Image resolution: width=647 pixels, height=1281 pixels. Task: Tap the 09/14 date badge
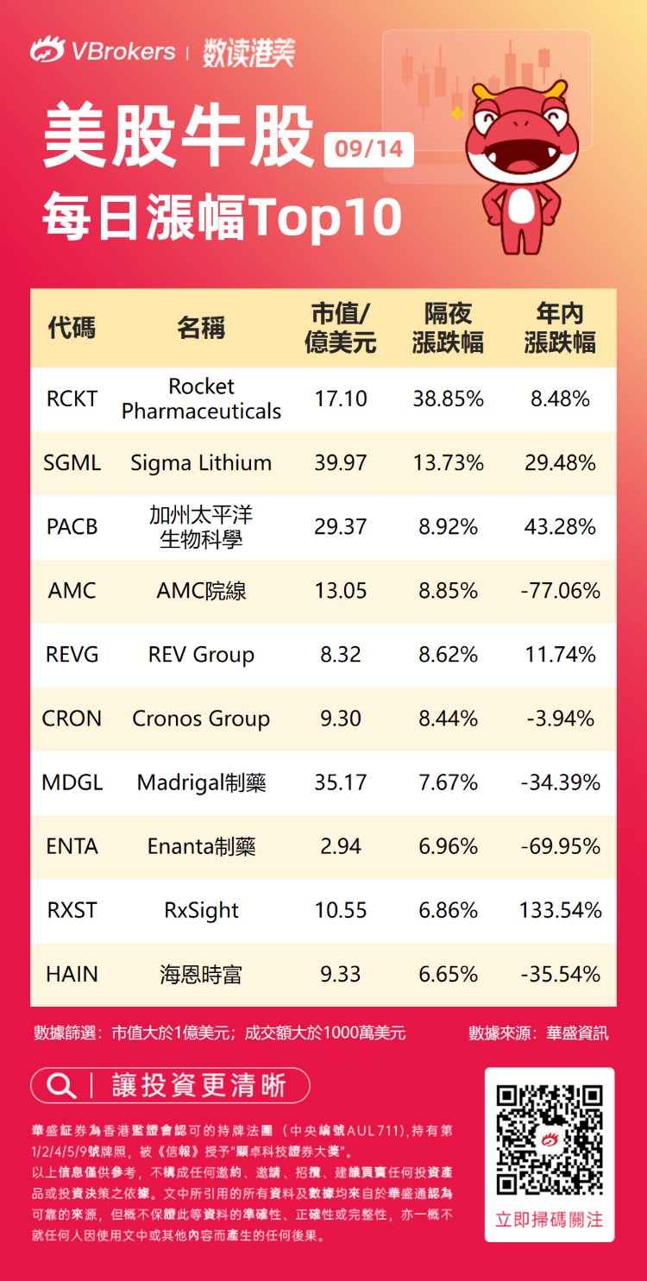[x=369, y=149]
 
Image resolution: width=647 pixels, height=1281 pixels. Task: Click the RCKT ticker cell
[x=72, y=399]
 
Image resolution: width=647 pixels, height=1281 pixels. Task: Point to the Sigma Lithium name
[x=201, y=463]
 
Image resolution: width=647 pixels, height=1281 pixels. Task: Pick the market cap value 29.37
[x=341, y=526]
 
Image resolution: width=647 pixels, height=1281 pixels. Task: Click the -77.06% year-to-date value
[x=561, y=591]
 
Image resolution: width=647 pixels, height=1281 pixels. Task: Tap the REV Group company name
[x=201, y=655]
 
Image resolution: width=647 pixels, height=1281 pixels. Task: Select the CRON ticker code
[x=72, y=719]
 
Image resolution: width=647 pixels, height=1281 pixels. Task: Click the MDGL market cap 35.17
[x=341, y=782]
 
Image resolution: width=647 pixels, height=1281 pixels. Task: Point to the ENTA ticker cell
[x=72, y=846]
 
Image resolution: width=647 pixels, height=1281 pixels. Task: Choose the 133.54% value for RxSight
[x=561, y=910]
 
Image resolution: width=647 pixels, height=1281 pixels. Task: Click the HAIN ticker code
[x=72, y=974]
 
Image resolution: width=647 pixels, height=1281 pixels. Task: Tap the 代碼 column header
[x=72, y=328]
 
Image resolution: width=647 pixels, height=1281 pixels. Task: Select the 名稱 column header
[x=201, y=328]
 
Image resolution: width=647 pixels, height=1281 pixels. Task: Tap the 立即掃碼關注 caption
[x=550, y=1220]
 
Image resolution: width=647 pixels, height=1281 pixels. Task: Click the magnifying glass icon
[x=60, y=1085]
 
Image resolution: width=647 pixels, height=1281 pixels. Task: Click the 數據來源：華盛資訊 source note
[x=538, y=1033]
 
